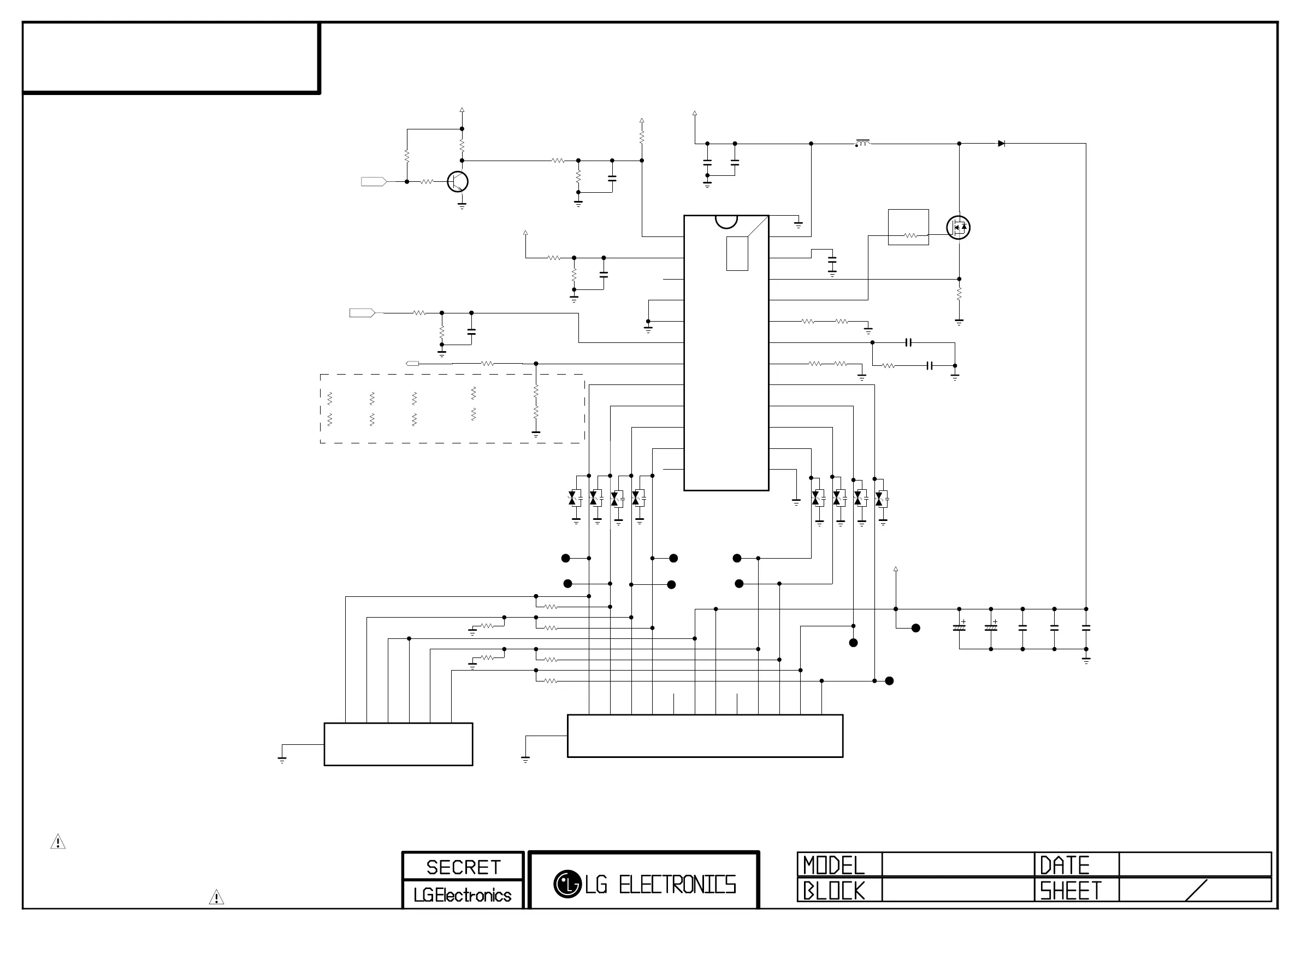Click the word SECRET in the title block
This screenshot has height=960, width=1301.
pyautogui.click(x=463, y=867)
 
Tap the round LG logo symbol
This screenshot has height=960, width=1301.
pyautogui.click(x=567, y=884)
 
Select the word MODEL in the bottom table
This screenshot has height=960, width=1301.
pyautogui.click(x=834, y=866)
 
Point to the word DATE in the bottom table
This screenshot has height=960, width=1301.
pyautogui.click(x=1065, y=866)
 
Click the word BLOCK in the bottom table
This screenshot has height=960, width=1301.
pyautogui.click(x=834, y=890)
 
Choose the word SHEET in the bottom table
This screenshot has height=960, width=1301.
pyautogui.click(x=1071, y=890)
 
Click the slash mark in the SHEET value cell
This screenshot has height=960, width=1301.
pyautogui.click(x=1195, y=890)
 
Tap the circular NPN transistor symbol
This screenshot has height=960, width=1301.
pyautogui.click(x=458, y=182)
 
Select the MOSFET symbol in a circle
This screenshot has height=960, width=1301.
pyautogui.click(x=958, y=227)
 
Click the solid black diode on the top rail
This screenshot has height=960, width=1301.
pyautogui.click(x=1001, y=144)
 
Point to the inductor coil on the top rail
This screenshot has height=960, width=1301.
pyautogui.click(x=863, y=143)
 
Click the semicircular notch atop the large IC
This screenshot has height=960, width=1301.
pyautogui.click(x=726, y=221)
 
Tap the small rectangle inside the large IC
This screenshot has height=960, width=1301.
pyautogui.click(x=737, y=253)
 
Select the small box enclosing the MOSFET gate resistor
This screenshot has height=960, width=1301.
pyautogui.click(x=908, y=227)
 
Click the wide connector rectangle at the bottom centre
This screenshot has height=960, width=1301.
pyautogui.click(x=705, y=736)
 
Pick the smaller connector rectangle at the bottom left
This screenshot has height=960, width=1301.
pyautogui.click(x=398, y=744)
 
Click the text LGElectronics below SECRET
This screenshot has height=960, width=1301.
pyautogui.click(x=463, y=895)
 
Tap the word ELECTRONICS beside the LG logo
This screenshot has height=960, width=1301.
pyautogui.click(x=677, y=885)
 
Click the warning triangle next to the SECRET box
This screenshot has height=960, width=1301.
pyautogui.click(x=216, y=897)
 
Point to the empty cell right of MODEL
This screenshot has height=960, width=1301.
pyautogui.click(x=957, y=864)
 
